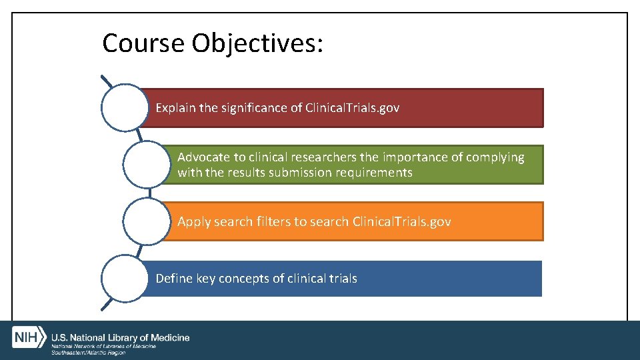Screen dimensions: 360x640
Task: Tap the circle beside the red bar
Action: (125, 107)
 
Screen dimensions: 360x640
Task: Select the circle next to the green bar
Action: (147, 164)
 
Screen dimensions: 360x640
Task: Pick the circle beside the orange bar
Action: (147, 221)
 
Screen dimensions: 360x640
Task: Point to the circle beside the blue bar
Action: (125, 278)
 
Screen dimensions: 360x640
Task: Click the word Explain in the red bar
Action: (175, 107)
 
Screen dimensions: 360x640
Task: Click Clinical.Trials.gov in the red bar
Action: (352, 107)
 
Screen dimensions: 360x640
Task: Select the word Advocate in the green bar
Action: (203, 157)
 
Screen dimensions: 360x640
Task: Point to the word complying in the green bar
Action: (494, 157)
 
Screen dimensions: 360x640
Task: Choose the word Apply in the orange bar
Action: (194, 221)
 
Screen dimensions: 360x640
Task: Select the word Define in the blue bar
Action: (174, 278)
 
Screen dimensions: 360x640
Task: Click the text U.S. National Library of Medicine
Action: (120, 338)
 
